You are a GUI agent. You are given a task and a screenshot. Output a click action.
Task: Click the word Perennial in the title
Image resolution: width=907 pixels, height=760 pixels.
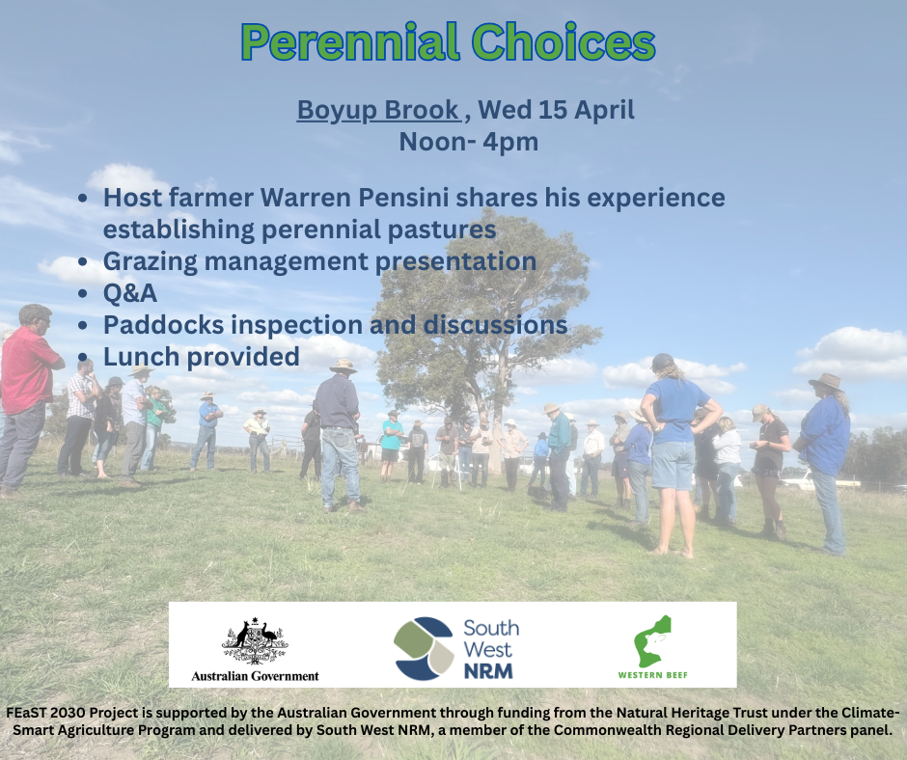tap(350, 42)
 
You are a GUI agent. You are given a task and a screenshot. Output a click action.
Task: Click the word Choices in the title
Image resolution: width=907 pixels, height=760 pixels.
tap(563, 41)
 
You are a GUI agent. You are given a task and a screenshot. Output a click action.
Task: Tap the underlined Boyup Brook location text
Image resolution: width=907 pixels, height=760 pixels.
tap(379, 110)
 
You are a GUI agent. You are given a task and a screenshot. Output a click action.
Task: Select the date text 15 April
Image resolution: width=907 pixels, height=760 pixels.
tap(587, 110)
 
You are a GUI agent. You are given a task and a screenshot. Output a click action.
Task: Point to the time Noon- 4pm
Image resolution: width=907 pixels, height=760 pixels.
tap(469, 142)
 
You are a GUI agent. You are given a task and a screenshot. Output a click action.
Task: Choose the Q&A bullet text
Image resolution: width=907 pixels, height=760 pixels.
tap(130, 293)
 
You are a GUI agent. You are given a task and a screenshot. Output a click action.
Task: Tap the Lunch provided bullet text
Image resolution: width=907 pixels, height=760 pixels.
tap(202, 357)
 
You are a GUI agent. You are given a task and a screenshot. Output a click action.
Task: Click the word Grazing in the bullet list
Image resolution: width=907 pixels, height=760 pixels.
tap(151, 262)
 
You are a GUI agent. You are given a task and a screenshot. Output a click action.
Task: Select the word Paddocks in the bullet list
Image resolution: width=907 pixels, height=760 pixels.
tap(164, 325)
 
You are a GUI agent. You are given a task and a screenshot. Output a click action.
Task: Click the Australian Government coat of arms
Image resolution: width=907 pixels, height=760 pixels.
tap(255, 640)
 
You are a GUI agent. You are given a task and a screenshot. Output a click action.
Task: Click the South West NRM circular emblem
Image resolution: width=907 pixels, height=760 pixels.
tap(424, 648)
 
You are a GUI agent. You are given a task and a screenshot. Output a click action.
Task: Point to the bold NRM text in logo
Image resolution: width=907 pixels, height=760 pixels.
tap(488, 671)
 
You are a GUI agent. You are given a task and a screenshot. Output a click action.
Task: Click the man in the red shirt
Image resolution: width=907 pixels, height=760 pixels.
tap(26, 399)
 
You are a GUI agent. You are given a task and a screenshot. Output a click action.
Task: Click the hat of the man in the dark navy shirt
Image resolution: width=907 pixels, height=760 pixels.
tap(344, 366)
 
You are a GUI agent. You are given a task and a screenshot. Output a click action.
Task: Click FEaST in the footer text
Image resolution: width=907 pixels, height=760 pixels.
tap(26, 713)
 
